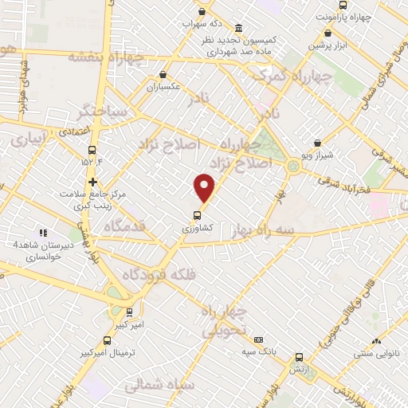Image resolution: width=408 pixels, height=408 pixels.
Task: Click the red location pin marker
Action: (x=205, y=188)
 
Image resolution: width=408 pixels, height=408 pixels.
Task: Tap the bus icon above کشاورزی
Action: (x=196, y=214)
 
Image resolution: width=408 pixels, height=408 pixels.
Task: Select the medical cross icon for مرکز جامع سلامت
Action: (x=93, y=182)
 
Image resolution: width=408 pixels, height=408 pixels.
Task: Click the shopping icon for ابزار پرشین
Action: (x=328, y=33)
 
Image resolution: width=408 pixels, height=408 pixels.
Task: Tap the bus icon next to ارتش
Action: (x=299, y=358)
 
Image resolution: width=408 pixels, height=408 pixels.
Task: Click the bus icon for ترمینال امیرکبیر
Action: (x=108, y=341)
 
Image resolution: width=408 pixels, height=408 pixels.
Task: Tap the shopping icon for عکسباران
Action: (x=163, y=75)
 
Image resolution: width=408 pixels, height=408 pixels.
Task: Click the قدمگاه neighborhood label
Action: (x=120, y=226)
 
